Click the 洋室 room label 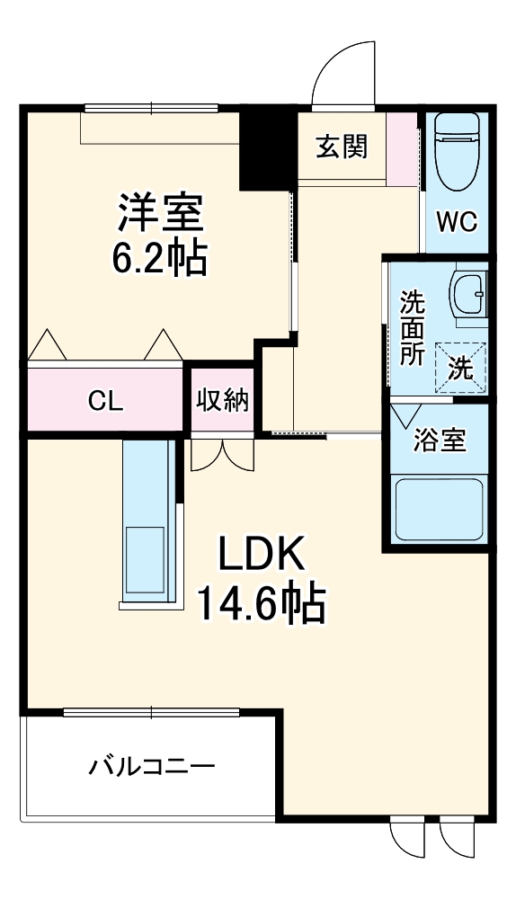pyautogui.click(x=161, y=213)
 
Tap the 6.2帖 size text pyautogui.click(x=161, y=259)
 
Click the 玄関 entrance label pyautogui.click(x=341, y=146)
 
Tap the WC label pyautogui.click(x=457, y=221)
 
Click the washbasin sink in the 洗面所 pyautogui.click(x=467, y=295)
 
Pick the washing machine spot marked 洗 pyautogui.click(x=460, y=367)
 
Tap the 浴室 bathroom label pyautogui.click(x=439, y=441)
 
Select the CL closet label pyautogui.click(x=105, y=401)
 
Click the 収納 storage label pyautogui.click(x=222, y=401)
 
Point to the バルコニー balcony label pyautogui.click(x=151, y=767)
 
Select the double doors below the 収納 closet pyautogui.click(x=222, y=454)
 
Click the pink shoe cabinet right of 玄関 pyautogui.click(x=403, y=148)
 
